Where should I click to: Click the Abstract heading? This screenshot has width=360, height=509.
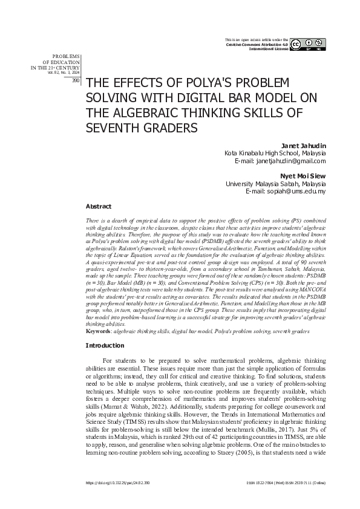99,206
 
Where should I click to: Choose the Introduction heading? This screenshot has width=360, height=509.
105,345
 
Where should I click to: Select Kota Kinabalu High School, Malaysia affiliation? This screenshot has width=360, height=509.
275,154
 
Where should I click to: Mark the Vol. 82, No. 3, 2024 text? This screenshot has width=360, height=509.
64,72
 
